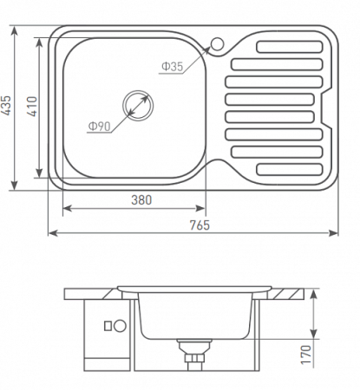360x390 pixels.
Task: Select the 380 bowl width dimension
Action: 141,199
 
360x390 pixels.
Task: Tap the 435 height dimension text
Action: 8,106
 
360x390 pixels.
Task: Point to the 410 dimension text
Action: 32,106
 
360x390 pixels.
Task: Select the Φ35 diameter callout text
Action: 172,67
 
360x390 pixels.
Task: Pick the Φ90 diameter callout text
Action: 97,127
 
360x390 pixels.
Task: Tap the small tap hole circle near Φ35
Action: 215,42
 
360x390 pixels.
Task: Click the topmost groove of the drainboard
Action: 280,45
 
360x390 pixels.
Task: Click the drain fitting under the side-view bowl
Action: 192,353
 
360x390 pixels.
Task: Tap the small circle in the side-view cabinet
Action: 108,327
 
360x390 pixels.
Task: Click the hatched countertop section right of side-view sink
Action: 289,292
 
